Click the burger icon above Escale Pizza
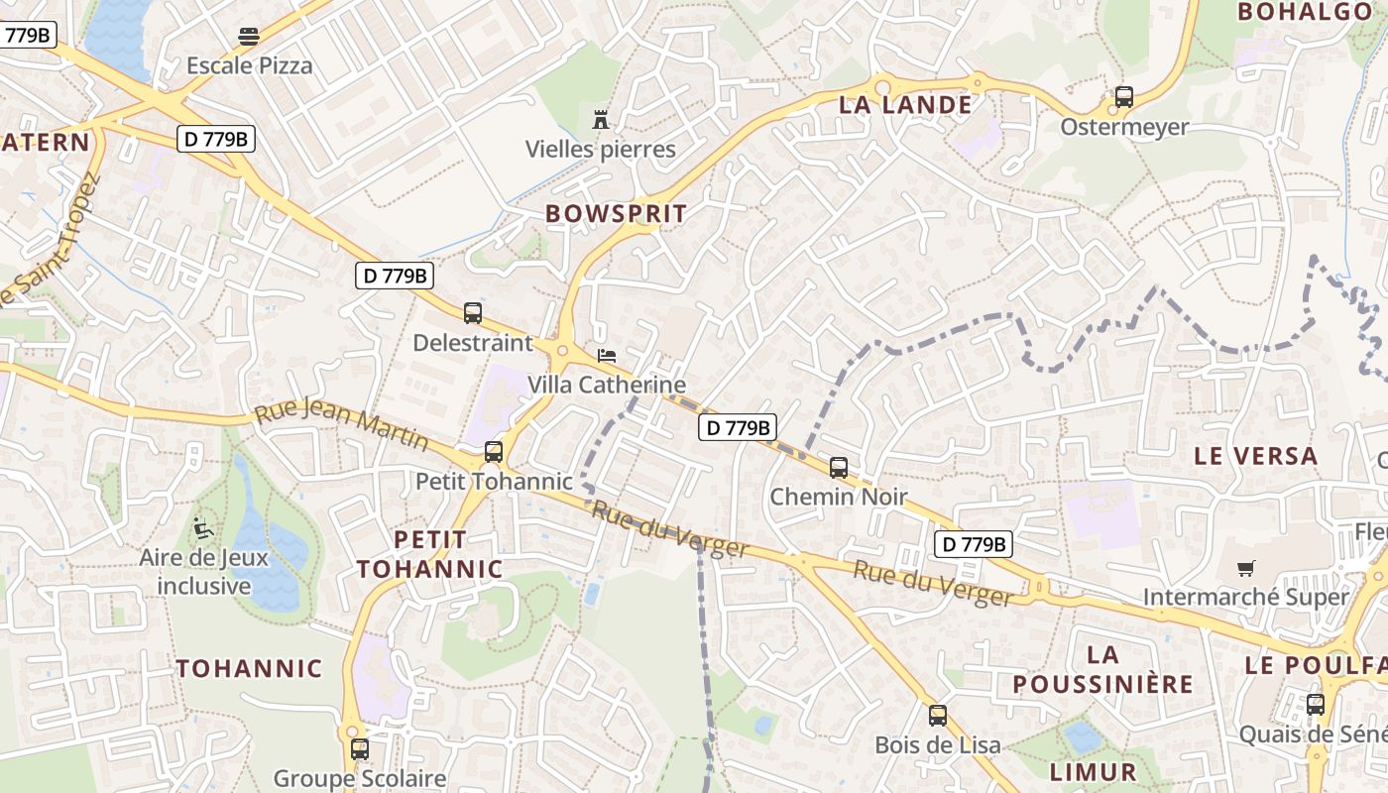click(x=248, y=37)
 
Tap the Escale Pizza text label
click(x=249, y=66)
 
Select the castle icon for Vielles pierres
click(x=600, y=120)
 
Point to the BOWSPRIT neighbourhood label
click(x=616, y=213)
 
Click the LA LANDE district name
click(x=905, y=105)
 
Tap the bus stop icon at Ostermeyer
click(x=1123, y=97)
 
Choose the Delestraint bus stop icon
click(x=473, y=313)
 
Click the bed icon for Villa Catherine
click(x=606, y=355)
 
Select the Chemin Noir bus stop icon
click(x=839, y=467)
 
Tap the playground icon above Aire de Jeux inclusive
click(x=204, y=527)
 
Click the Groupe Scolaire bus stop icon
click(x=359, y=749)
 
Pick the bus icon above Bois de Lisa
click(x=937, y=715)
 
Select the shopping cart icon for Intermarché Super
click(x=1245, y=568)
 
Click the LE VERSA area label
click(x=1255, y=456)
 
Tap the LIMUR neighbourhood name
click(x=1093, y=772)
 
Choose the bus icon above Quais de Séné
click(x=1315, y=705)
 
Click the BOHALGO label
click(x=1304, y=12)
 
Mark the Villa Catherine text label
click(x=606, y=385)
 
